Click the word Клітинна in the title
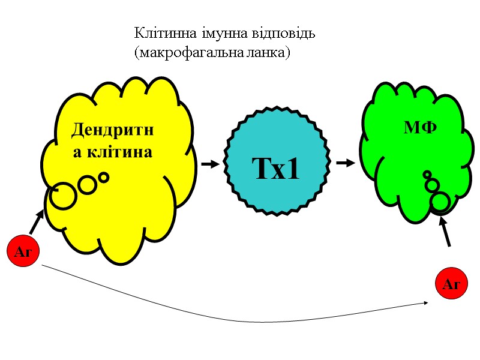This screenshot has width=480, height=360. [x=158, y=32]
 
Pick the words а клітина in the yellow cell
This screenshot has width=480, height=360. [x=113, y=151]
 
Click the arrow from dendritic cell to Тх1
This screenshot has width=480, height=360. [x=210, y=163]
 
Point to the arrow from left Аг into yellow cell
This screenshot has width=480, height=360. [x=37, y=221]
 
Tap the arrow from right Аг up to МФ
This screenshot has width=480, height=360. [x=446, y=231]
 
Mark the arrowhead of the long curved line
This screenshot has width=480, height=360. [x=425, y=302]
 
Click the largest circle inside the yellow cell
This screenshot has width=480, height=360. [x=62, y=196]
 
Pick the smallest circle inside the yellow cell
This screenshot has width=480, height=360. [x=103, y=177]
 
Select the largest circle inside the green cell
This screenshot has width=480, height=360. [x=440, y=202]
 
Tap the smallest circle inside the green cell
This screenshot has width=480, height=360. [x=427, y=175]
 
